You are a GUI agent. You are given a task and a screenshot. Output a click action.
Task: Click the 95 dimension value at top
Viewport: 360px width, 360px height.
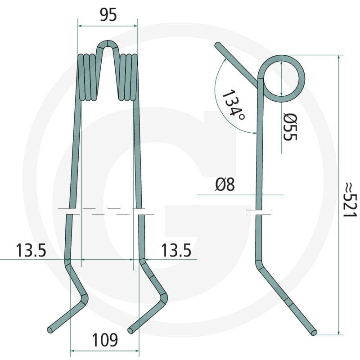tap(108, 15)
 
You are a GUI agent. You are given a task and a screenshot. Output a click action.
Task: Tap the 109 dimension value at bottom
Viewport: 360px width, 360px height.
tap(105, 340)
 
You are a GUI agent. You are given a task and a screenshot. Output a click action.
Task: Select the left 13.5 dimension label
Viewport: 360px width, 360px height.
tap(31, 250)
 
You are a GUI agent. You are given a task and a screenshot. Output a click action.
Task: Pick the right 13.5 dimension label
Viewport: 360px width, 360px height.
tap(176, 250)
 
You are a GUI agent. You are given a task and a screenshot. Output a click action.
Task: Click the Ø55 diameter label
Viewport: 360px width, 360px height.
tap(290, 127)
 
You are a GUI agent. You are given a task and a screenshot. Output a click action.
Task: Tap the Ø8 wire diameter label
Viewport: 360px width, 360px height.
tap(225, 184)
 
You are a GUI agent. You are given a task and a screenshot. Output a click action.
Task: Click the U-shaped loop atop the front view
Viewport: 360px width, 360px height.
tap(108, 44)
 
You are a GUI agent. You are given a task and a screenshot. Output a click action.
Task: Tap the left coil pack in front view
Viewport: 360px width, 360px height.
tap(87, 77)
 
